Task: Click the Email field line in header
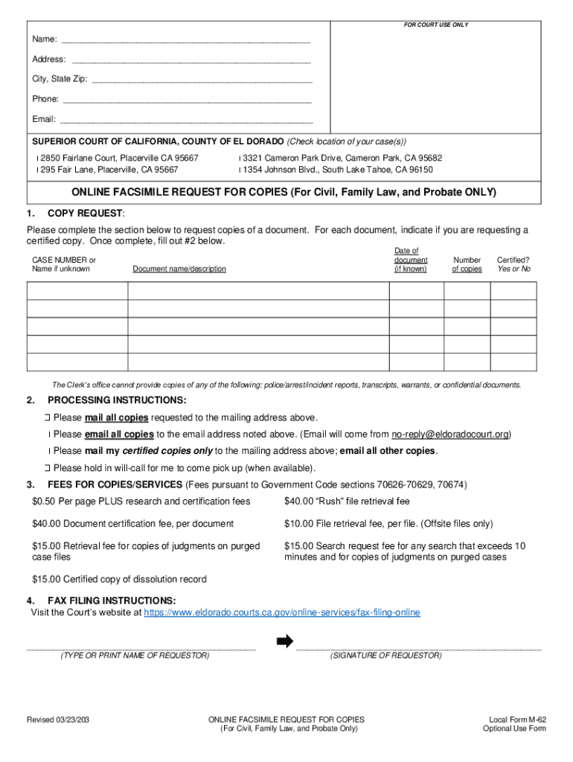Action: click(186, 120)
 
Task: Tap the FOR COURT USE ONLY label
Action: click(435, 25)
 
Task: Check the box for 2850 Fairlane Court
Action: click(37, 159)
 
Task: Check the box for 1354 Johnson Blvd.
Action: click(240, 170)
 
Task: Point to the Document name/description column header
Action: click(179, 269)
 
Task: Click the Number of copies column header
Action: click(467, 265)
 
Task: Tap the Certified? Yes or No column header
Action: click(513, 265)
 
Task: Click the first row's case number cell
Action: click(77, 291)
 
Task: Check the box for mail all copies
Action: click(47, 417)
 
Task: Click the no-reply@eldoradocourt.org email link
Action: click(450, 435)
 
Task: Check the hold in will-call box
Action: click(47, 469)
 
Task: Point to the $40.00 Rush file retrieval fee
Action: click(347, 502)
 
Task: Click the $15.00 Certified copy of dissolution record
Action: click(119, 580)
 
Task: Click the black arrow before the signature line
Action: click(284, 642)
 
